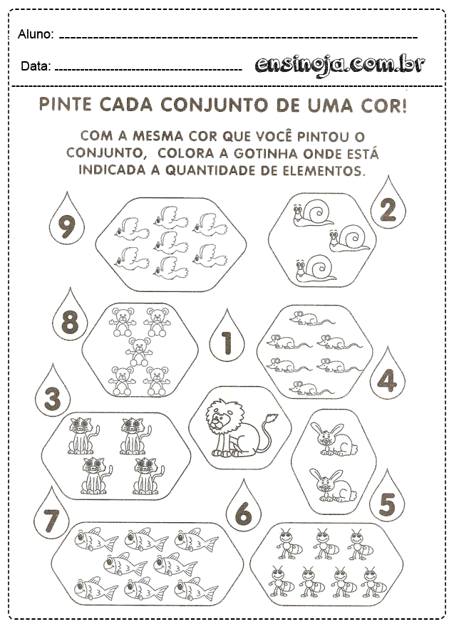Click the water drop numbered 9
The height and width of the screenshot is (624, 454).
click(x=66, y=227)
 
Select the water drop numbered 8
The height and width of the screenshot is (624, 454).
click(x=70, y=323)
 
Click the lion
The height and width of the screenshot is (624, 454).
click(x=227, y=427)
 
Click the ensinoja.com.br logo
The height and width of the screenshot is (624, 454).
click(x=340, y=66)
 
